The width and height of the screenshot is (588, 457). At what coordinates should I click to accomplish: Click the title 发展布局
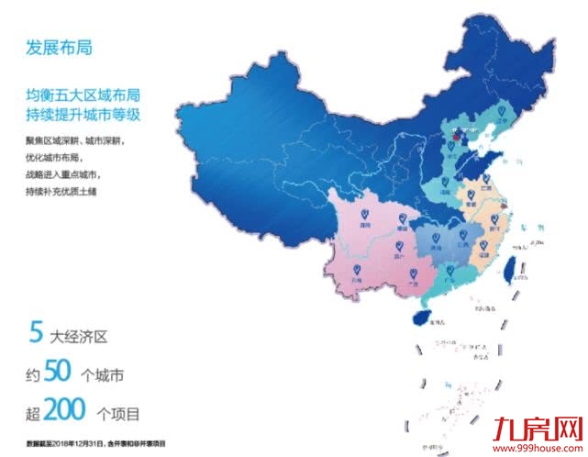[x=60, y=48]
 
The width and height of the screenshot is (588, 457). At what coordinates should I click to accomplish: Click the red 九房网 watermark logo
[x=538, y=428]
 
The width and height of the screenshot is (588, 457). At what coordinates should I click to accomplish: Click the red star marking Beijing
[x=451, y=140]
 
